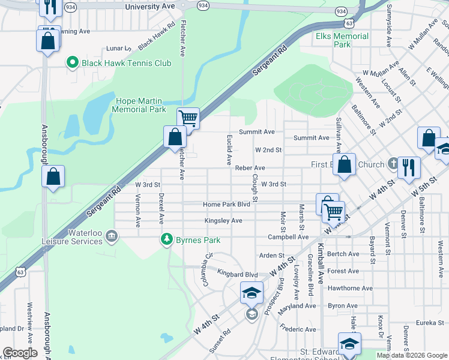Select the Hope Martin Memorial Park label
click(139, 105)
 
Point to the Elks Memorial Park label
click(342, 40)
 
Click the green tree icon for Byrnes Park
click(167, 239)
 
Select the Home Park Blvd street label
click(226, 205)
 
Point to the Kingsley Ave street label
click(223, 221)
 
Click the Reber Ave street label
click(250, 168)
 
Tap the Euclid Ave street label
click(229, 150)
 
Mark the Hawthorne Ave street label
click(352, 288)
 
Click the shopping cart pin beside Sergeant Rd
click(188, 119)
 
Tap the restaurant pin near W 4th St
click(409, 168)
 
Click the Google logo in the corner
click(20, 353)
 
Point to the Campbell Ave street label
click(288, 237)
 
